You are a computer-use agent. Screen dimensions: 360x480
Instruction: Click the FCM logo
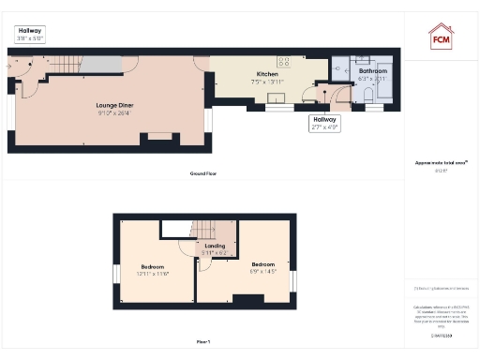pos(441,37)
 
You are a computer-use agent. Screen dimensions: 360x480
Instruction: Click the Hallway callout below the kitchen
pos(323,121)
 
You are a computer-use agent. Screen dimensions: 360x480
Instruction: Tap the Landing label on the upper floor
pos(215,246)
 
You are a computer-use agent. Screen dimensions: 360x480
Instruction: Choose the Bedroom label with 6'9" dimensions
pos(262,264)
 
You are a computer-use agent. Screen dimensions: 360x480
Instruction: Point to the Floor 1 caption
pos(202,341)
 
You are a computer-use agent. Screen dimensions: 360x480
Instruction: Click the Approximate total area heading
pos(441,162)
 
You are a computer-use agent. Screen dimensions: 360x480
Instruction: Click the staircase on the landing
pos(204,231)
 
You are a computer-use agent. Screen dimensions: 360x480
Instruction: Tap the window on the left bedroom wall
pos(116,273)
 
